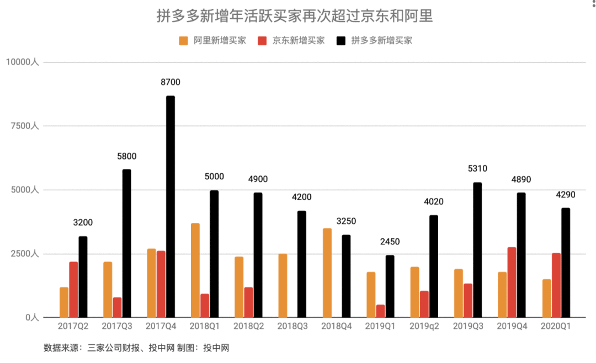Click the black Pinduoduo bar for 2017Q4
pos(171,207)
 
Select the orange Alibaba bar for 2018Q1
pos(195,270)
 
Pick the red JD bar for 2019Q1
pos(381,311)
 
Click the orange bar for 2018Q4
pos(327,273)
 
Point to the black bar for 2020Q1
pos(566,263)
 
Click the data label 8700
pos(171,82)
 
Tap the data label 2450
pos(390,242)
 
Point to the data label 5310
pos(477,169)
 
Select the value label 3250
pos(346,221)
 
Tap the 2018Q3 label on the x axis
pos(292,327)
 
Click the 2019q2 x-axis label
pos(424,327)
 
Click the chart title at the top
pos(295,16)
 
